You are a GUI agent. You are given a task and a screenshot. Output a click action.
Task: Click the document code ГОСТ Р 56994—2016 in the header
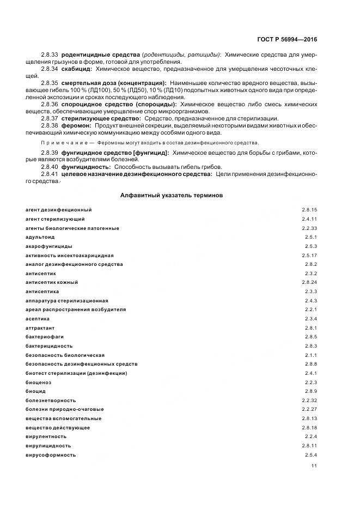click(288, 40)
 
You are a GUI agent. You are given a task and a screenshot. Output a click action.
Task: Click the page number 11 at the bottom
click(314, 466)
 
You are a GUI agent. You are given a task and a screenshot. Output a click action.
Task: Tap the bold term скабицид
click(77, 69)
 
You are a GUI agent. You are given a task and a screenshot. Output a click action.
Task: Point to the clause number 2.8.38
click(50, 125)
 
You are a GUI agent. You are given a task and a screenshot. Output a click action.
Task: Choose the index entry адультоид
click(40, 237)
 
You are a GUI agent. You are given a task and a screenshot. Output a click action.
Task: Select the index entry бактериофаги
click(42, 337)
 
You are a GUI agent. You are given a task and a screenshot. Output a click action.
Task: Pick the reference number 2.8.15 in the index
click(309, 210)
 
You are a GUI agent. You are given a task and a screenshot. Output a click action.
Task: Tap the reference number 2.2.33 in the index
click(309, 228)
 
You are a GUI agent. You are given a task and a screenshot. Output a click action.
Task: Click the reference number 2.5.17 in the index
click(309, 255)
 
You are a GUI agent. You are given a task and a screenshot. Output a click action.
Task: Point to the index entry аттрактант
click(40, 327)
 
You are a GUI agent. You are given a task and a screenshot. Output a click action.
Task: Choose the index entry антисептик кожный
click(52, 282)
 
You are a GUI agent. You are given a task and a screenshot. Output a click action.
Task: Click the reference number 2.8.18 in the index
click(309, 427)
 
